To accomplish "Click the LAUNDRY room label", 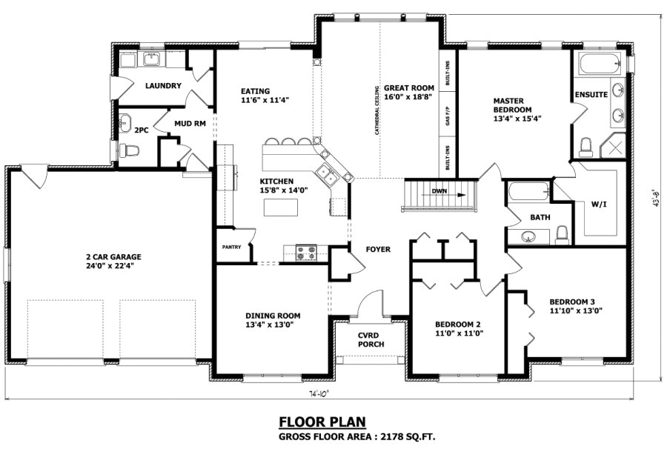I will (163, 86).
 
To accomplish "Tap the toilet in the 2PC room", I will (131, 150).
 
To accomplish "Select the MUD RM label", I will (190, 124).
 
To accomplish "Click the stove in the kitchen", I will (306, 253).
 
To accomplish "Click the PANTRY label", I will (231, 247).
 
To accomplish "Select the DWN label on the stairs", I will (439, 191).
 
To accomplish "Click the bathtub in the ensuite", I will (599, 64).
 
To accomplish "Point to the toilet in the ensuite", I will (585, 147).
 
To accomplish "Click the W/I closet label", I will (598, 204).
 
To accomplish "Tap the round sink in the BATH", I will (528, 237).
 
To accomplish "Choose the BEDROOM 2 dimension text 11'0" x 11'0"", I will (458, 333).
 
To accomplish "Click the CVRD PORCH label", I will (370, 339).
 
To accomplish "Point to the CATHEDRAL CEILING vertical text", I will (378, 111).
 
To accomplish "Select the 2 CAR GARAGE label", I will (113, 257).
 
